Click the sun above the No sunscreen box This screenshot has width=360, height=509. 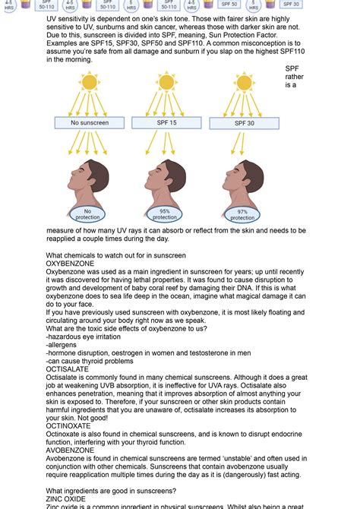89,81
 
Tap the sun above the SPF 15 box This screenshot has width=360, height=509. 166,81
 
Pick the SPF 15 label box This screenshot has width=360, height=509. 166,122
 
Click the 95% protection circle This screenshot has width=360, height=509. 165,213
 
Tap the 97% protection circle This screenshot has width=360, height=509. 242,214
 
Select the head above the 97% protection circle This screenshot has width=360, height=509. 241,178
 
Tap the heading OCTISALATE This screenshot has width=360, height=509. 68,369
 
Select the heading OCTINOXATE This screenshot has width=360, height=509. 69,427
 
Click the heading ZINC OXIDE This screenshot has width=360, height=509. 67,498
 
